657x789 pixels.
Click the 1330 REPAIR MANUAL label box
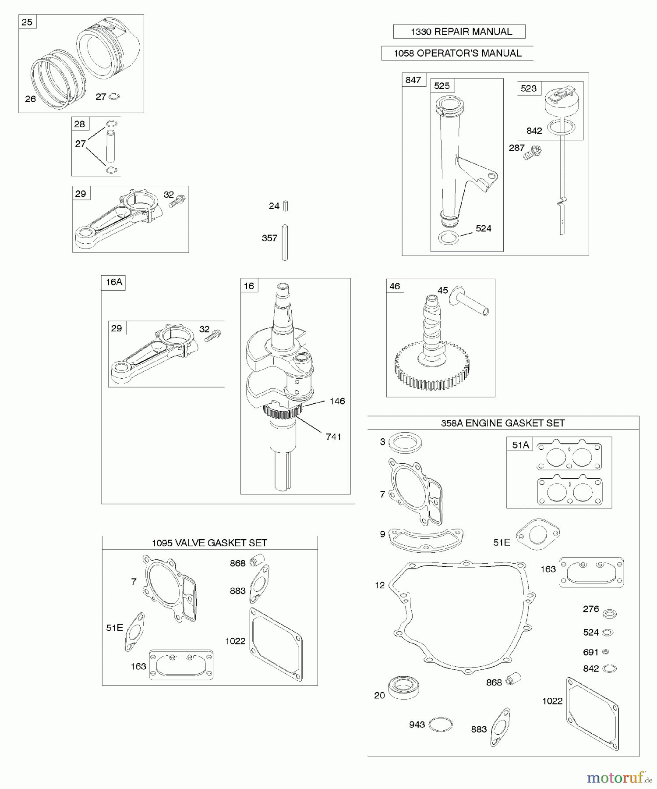(x=459, y=32)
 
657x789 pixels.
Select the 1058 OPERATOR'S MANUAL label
(x=457, y=53)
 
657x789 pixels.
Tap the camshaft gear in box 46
(x=433, y=366)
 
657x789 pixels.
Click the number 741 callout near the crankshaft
(x=333, y=437)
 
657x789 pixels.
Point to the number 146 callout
(x=337, y=401)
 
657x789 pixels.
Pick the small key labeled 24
(x=285, y=206)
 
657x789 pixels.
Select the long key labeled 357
(x=285, y=242)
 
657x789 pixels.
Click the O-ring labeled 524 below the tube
(x=449, y=238)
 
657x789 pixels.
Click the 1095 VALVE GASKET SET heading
(x=209, y=543)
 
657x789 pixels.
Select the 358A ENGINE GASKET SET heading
(x=503, y=423)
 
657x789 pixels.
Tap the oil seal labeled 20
(x=403, y=688)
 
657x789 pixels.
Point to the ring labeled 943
(x=440, y=725)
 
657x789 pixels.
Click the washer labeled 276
(x=609, y=614)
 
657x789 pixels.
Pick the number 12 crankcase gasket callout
(x=380, y=585)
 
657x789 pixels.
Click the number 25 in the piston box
(x=27, y=22)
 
